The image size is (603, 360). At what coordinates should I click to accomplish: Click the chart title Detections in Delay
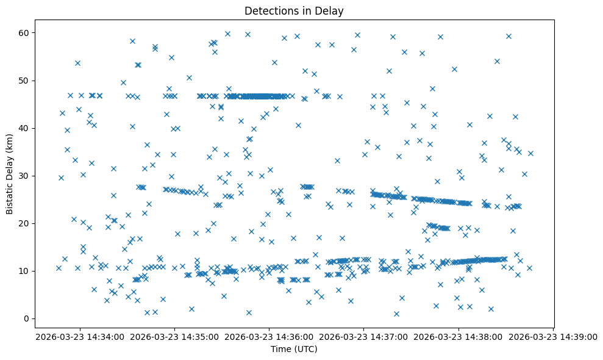point(301,10)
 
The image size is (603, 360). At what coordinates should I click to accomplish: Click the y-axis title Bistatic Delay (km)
point(10,174)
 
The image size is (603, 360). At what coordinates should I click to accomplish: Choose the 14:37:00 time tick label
point(364,337)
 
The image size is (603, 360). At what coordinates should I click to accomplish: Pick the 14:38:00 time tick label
point(458,337)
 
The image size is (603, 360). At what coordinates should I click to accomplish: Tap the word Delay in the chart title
point(345,10)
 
